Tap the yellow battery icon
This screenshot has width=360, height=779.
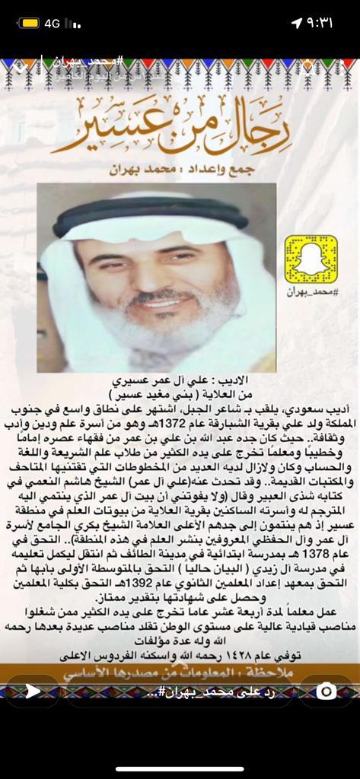point(30,24)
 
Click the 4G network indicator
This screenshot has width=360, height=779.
point(52,24)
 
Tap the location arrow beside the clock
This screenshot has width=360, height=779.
point(296,24)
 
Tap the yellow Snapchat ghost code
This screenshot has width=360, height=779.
point(311,260)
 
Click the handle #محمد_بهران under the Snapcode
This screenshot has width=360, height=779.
point(311,291)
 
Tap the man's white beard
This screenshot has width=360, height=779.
point(160,335)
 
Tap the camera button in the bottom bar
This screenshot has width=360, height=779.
point(327,691)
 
